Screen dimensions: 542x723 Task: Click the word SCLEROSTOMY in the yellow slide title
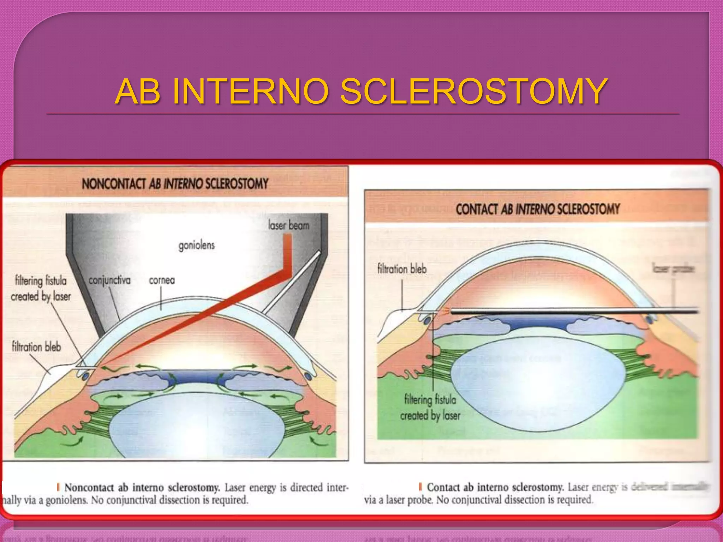click(x=473, y=92)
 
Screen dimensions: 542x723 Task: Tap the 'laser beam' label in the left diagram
click(x=288, y=225)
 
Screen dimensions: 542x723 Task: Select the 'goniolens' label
click(x=196, y=245)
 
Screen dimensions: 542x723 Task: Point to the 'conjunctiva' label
click(x=109, y=280)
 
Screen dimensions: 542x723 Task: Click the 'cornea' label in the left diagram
click(x=162, y=280)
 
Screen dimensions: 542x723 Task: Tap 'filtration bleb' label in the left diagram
click(x=36, y=347)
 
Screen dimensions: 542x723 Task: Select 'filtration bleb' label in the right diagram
click(x=402, y=269)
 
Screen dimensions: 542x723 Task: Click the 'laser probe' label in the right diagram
click(x=673, y=269)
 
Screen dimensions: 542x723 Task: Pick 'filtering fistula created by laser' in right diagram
click(x=430, y=408)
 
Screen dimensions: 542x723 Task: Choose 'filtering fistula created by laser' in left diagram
click(x=41, y=289)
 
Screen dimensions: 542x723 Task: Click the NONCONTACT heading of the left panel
click(x=114, y=184)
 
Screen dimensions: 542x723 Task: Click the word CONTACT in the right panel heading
click(x=476, y=209)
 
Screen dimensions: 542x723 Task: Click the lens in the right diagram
click(x=537, y=381)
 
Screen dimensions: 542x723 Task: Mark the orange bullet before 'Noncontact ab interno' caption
click(x=58, y=487)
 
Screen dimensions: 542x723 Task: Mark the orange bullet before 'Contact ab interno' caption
click(x=420, y=487)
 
